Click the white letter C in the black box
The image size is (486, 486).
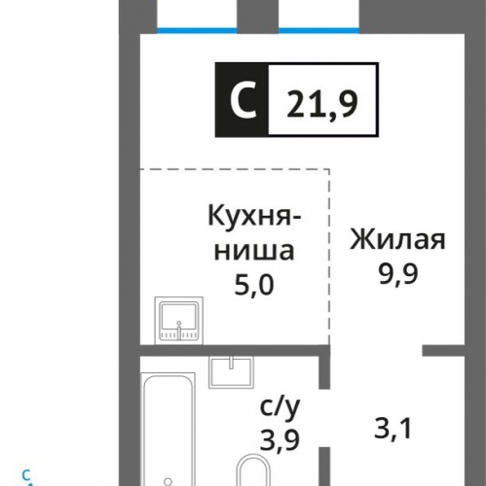click(243, 99)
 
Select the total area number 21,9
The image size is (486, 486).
click(322, 103)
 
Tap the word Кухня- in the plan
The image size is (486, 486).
click(254, 216)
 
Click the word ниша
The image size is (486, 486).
click(254, 251)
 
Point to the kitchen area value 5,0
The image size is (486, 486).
click(254, 285)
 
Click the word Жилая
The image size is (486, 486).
click(397, 240)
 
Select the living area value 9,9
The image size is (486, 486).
click(398, 274)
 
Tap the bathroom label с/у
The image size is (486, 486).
click(280, 408)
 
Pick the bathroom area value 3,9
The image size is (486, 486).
click(280, 439)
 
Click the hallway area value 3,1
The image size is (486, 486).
click(393, 429)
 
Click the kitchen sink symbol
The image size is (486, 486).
click(179, 320)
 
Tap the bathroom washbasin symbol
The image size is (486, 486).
click(231, 372)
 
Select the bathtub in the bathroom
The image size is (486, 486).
click(168, 430)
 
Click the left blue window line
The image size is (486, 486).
click(197, 31)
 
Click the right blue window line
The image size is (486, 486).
click(318, 31)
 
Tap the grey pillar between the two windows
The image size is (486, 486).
click(258, 17)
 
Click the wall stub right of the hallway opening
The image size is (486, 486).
click(443, 350)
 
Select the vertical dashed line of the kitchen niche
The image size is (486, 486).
click(329, 257)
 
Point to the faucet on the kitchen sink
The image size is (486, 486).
click(179, 330)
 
